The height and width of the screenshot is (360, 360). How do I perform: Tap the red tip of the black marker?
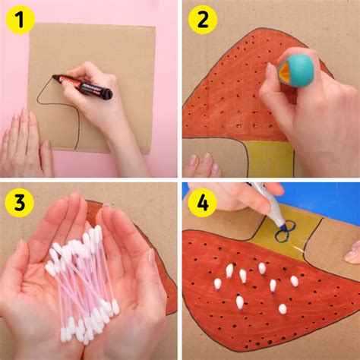(56, 77)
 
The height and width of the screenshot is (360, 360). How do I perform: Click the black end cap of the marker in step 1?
(107, 94)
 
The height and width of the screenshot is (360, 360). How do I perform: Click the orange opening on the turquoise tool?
(282, 75)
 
